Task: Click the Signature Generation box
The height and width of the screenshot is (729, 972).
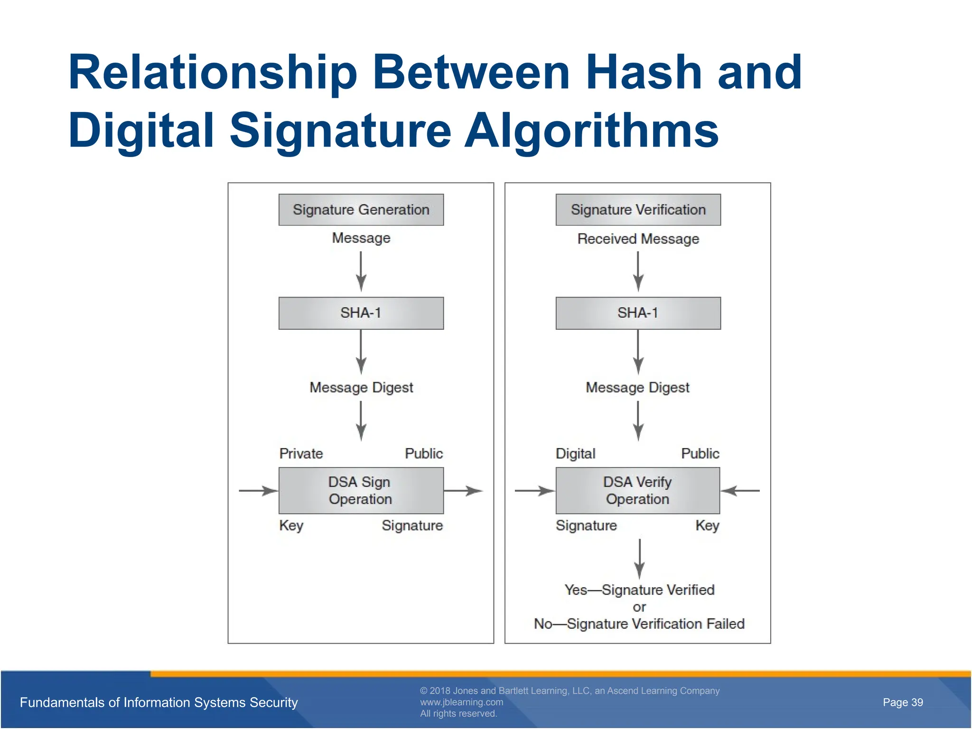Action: pos(361,209)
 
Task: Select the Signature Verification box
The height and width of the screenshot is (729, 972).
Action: pos(638,209)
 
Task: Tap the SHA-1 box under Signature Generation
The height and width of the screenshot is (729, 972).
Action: pos(361,313)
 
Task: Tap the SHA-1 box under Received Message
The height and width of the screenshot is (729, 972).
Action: pos(638,313)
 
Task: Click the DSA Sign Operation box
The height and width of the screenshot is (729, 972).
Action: pos(361,490)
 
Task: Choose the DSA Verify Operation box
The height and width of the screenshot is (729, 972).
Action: pos(637,490)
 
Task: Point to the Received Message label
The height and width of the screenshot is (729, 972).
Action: pos(638,238)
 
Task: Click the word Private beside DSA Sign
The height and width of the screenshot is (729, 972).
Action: pos(301,453)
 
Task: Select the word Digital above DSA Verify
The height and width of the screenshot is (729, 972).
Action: pos(575,453)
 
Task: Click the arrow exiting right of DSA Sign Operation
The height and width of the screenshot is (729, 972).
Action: pos(463,491)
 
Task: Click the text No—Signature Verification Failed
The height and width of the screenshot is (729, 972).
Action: pos(639,623)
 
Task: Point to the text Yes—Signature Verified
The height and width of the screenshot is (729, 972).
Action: pos(639,589)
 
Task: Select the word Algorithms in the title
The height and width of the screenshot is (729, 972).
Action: pos(591,131)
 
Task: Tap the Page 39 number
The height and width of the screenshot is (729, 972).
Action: pos(902,702)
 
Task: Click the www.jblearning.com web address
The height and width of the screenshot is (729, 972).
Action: pos(461,702)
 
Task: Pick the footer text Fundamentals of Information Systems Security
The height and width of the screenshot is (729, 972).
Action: pos(159,702)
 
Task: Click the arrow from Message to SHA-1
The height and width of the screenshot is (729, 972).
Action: pos(361,271)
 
